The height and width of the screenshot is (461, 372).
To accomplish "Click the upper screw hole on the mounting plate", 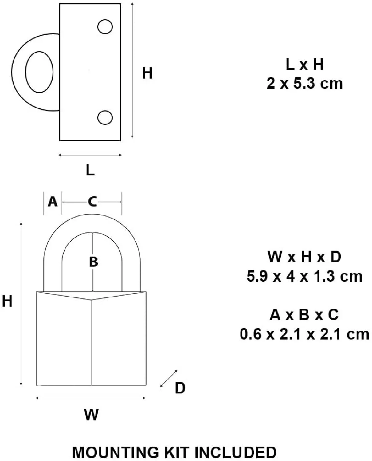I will pos(105,27).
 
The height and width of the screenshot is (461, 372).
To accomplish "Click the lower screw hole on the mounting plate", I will pos(105,118).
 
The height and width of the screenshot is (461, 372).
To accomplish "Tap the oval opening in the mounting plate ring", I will pos(39,72).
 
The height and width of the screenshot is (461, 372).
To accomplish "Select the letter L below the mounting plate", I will pos(90,170).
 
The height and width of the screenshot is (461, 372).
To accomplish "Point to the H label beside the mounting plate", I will pos(147,73).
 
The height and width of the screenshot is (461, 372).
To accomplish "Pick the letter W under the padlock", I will pos(91,415).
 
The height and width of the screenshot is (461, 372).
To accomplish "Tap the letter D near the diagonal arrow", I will pos(180,388).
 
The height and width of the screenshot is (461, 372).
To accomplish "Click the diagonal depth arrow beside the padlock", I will pos(169,378).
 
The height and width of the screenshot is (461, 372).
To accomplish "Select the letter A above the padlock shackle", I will pos(53,202).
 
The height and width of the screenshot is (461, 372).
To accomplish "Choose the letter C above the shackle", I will pos(92,202).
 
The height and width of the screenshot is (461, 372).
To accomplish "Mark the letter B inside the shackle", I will pos(93,262).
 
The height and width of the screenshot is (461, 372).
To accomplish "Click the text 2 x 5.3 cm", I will pos(304,84).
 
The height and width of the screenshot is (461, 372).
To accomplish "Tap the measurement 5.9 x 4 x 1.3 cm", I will pos(304,276).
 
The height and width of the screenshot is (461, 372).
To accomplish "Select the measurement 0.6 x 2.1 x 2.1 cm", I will pos(304,334).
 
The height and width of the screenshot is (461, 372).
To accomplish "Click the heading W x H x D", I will pos(304,257).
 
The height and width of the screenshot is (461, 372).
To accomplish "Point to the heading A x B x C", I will pos(304,315).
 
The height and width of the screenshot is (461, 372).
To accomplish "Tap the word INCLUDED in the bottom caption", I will pos(236,452).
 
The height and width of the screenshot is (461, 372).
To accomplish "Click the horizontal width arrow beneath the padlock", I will pos(91,398).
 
